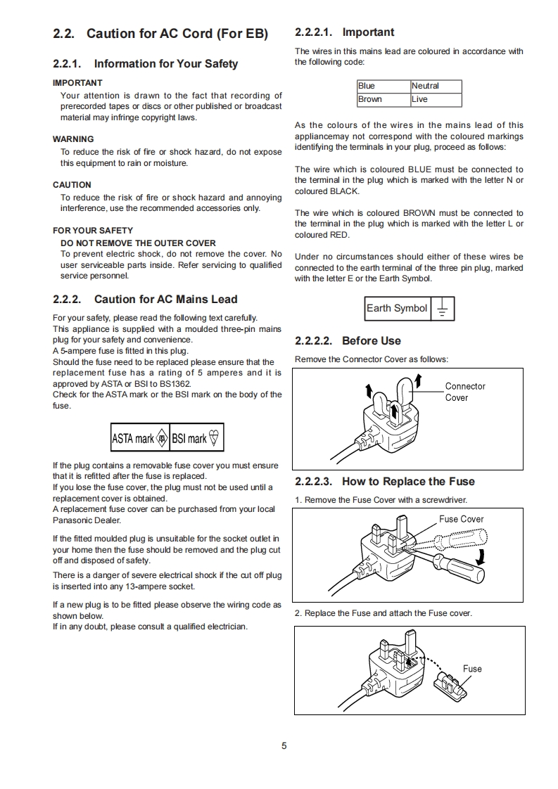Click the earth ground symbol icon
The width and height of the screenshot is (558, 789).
coord(442,309)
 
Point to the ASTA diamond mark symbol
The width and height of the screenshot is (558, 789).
coord(162,438)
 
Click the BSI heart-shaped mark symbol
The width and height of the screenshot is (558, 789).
coord(215,438)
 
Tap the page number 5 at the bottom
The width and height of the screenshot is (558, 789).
coord(284,746)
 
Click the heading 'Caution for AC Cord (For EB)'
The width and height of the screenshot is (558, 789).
coord(177,34)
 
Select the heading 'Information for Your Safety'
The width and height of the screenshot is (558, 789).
coord(166,64)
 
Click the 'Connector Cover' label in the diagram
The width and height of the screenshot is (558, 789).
coord(465,392)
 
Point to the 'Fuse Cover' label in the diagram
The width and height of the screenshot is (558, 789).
coord(461,519)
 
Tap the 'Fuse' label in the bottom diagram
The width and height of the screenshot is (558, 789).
coord(472,668)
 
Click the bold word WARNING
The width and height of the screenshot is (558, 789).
coord(73,139)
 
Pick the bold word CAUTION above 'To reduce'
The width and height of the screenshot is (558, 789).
coord(72,185)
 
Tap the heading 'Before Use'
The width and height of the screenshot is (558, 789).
coord(371,341)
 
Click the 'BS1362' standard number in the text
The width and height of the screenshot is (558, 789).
coord(175,384)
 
